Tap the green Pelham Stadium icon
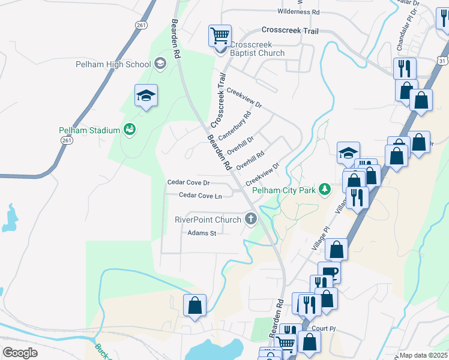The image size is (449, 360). click(x=129, y=129)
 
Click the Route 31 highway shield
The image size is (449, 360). click(x=443, y=61)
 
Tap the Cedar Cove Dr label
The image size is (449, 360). click(x=188, y=182)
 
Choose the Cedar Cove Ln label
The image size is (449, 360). click(x=200, y=196)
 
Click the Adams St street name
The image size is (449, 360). click(x=201, y=233)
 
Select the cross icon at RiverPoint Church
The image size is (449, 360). click(x=250, y=220)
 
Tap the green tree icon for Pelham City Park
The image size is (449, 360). click(x=325, y=190)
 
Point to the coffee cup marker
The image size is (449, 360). click(x=328, y=274)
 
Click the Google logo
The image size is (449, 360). click(x=20, y=352)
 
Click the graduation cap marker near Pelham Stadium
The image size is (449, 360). click(x=146, y=96)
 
